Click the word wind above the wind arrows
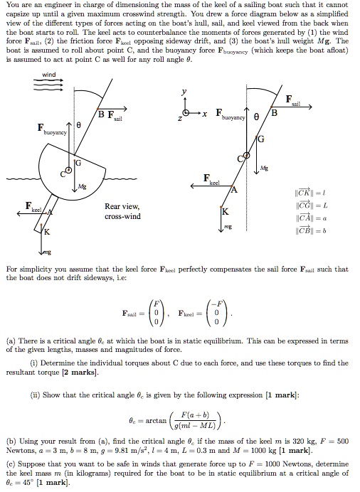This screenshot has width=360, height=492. coord(48,75)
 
